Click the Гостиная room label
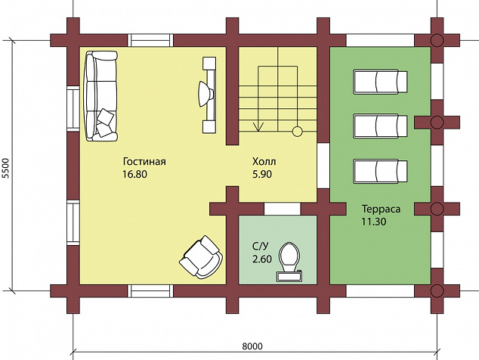[144, 161]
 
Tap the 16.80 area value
[134, 174]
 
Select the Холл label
[264, 161]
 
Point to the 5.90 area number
[262, 174]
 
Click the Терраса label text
[381, 209]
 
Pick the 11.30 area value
[374, 222]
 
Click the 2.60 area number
[262, 259]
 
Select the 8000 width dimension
[252, 346]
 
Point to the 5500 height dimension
[6, 168]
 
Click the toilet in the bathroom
[289, 262]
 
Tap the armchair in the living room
[201, 257]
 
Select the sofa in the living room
[101, 96]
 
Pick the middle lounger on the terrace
[380, 126]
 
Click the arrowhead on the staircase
[258, 126]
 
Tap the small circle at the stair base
[297, 132]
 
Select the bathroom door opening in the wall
[283, 209]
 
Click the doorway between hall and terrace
[323, 166]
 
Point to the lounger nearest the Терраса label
[380, 171]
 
